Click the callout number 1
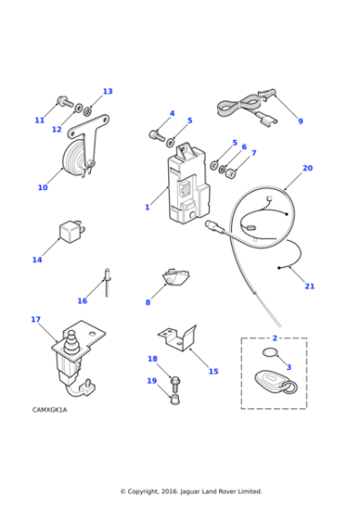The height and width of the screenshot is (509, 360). click(147, 207)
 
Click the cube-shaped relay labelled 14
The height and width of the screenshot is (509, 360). click(72, 230)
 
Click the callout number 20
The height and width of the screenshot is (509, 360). click(307, 168)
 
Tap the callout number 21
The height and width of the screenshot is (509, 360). click(309, 286)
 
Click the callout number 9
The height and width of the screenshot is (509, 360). click(300, 121)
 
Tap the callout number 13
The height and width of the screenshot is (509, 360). click(107, 91)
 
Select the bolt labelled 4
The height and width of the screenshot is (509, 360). click(156, 135)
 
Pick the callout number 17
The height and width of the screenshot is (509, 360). click(35, 319)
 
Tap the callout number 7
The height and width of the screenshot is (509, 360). click(253, 153)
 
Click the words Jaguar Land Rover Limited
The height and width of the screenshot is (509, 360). click(214, 492)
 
